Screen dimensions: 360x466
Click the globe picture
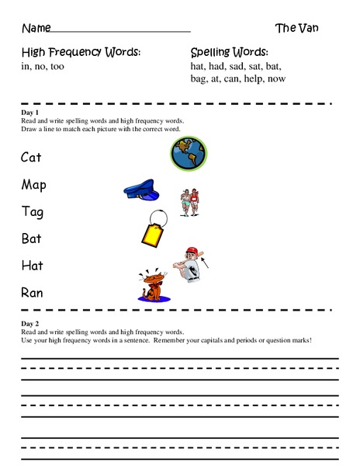point(189,154)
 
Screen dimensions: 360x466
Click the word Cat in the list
point(31,158)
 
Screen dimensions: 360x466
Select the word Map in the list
point(33,185)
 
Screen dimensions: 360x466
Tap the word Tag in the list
point(32,212)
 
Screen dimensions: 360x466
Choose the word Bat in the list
point(31,238)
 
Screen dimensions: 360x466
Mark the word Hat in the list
point(32,266)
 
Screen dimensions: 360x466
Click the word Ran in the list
point(32,293)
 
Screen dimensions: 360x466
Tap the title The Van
point(296,28)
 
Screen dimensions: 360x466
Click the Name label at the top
point(36,29)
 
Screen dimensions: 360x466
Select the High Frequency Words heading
point(81,52)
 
